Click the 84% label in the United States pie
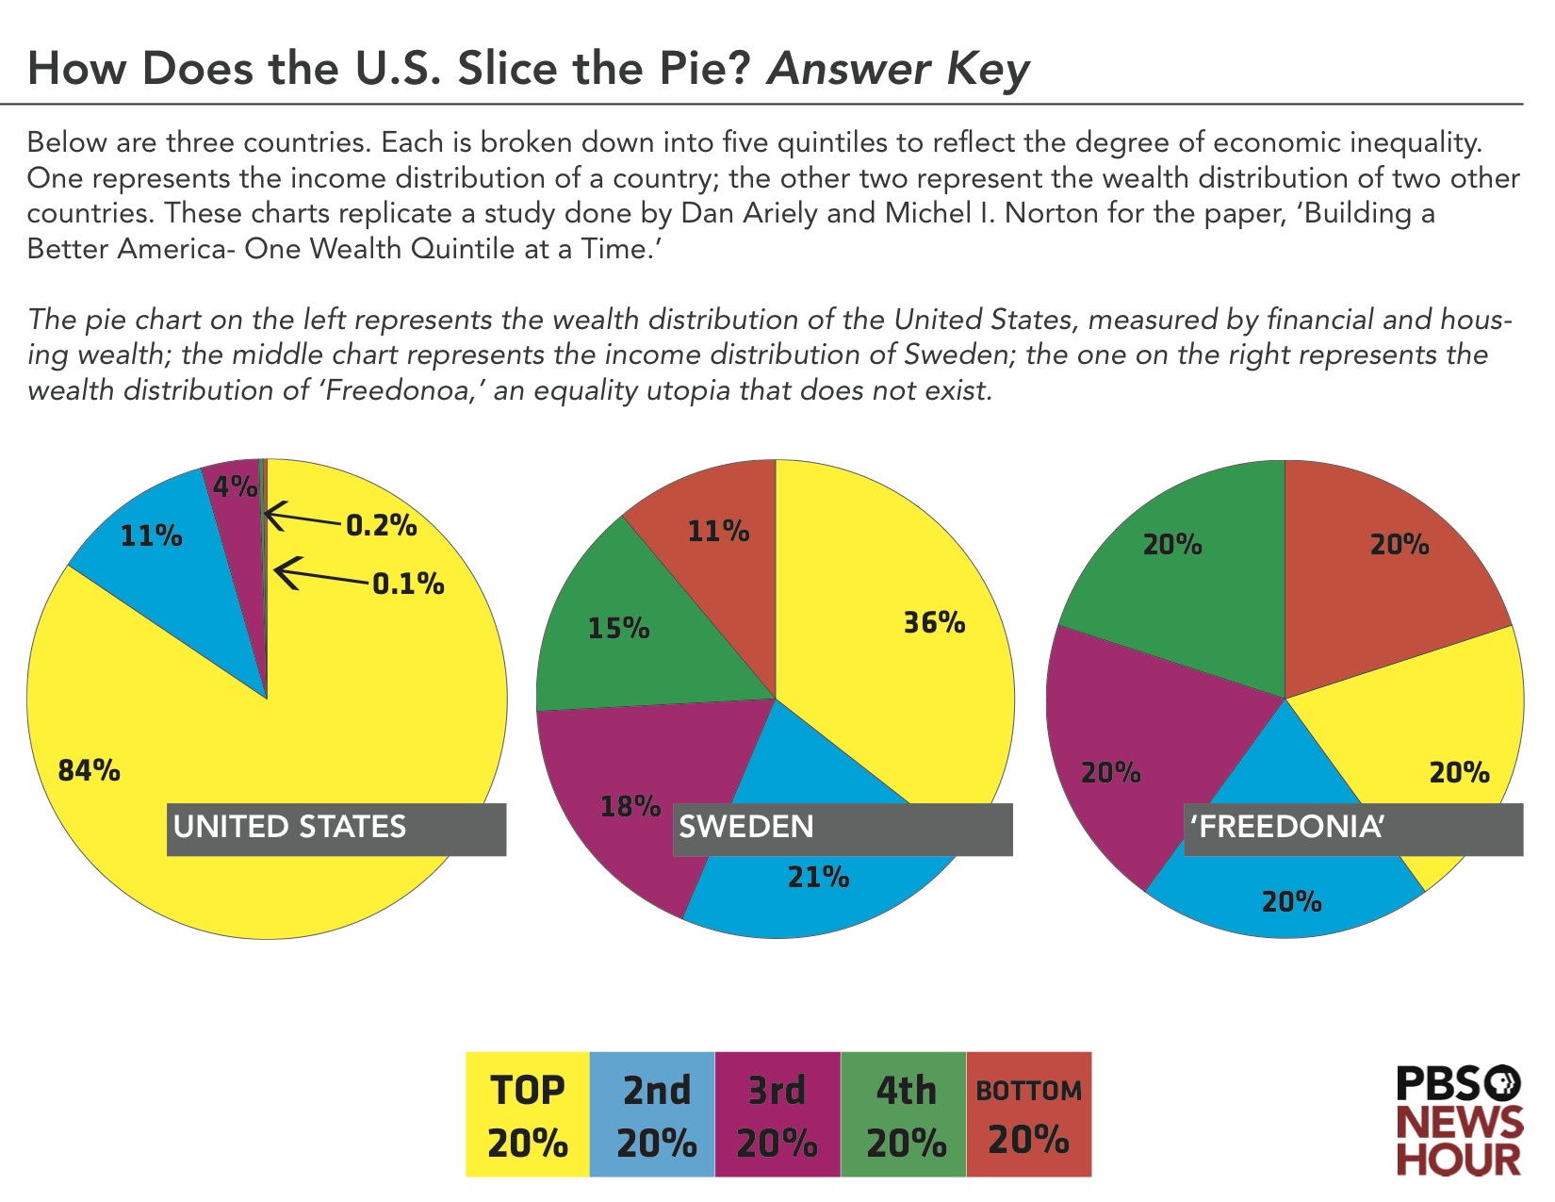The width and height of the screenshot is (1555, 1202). pyautogui.click(x=90, y=771)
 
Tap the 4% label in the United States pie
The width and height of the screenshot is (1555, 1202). pyautogui.click(x=235, y=486)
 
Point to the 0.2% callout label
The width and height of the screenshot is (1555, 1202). pyautogui.click(x=382, y=525)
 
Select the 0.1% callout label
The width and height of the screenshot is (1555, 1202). pyautogui.click(x=408, y=584)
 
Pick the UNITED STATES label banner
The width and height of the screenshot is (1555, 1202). pyautogui.click(x=336, y=829)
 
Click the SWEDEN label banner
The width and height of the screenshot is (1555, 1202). pyautogui.click(x=843, y=829)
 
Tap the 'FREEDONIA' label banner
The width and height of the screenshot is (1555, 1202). pyautogui.click(x=1352, y=829)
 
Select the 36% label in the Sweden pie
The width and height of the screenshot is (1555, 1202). pyautogui.click(x=934, y=623)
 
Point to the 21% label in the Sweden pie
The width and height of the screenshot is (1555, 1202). pyautogui.click(x=818, y=878)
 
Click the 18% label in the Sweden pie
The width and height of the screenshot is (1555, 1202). pyautogui.click(x=630, y=806)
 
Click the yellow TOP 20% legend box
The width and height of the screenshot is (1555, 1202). pyautogui.click(x=528, y=1114)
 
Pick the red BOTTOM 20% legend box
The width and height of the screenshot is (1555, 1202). pyautogui.click(x=1028, y=1114)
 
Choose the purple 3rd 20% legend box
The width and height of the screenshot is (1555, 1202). pyautogui.click(x=777, y=1114)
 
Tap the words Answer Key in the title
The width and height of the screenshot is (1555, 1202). pyautogui.click(x=898, y=69)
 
